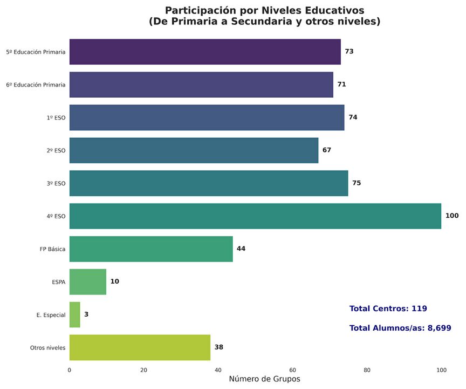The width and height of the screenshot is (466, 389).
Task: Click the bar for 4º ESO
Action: pyautogui.click(x=255, y=216)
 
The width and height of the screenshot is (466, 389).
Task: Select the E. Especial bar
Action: pyautogui.click(x=75, y=314)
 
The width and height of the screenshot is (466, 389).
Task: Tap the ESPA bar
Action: pyautogui.click(x=88, y=281)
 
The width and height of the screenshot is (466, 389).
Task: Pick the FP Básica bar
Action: pyautogui.click(x=151, y=249)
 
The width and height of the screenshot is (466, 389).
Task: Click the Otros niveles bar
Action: pyautogui.click(x=140, y=347)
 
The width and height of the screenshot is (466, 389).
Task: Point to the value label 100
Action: pyautogui.click(x=452, y=216)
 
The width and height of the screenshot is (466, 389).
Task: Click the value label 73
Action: pyautogui.click(x=349, y=52)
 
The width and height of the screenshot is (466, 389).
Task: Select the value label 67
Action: pyautogui.click(x=327, y=150)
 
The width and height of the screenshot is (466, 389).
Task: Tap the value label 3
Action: pyautogui.click(x=86, y=314)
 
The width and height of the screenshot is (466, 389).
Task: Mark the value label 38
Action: pyautogui.click(x=219, y=347)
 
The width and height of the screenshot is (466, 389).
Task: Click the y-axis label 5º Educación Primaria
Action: pyautogui.click(x=36, y=52)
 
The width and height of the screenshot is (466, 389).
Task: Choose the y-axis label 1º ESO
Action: pyautogui.click(x=56, y=118)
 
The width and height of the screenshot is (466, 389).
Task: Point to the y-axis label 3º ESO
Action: pyautogui.click(x=56, y=184)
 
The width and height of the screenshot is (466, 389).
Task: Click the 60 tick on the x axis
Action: pyautogui.click(x=292, y=370)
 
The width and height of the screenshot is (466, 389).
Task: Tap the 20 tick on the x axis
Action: pyautogui.click(x=143, y=370)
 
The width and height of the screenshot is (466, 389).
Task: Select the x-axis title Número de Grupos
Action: pyautogui.click(x=264, y=379)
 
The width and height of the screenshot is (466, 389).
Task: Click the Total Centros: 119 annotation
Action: pyautogui.click(x=388, y=308)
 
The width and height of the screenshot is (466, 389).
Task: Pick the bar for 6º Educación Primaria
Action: pyautogui.click(x=201, y=85)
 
